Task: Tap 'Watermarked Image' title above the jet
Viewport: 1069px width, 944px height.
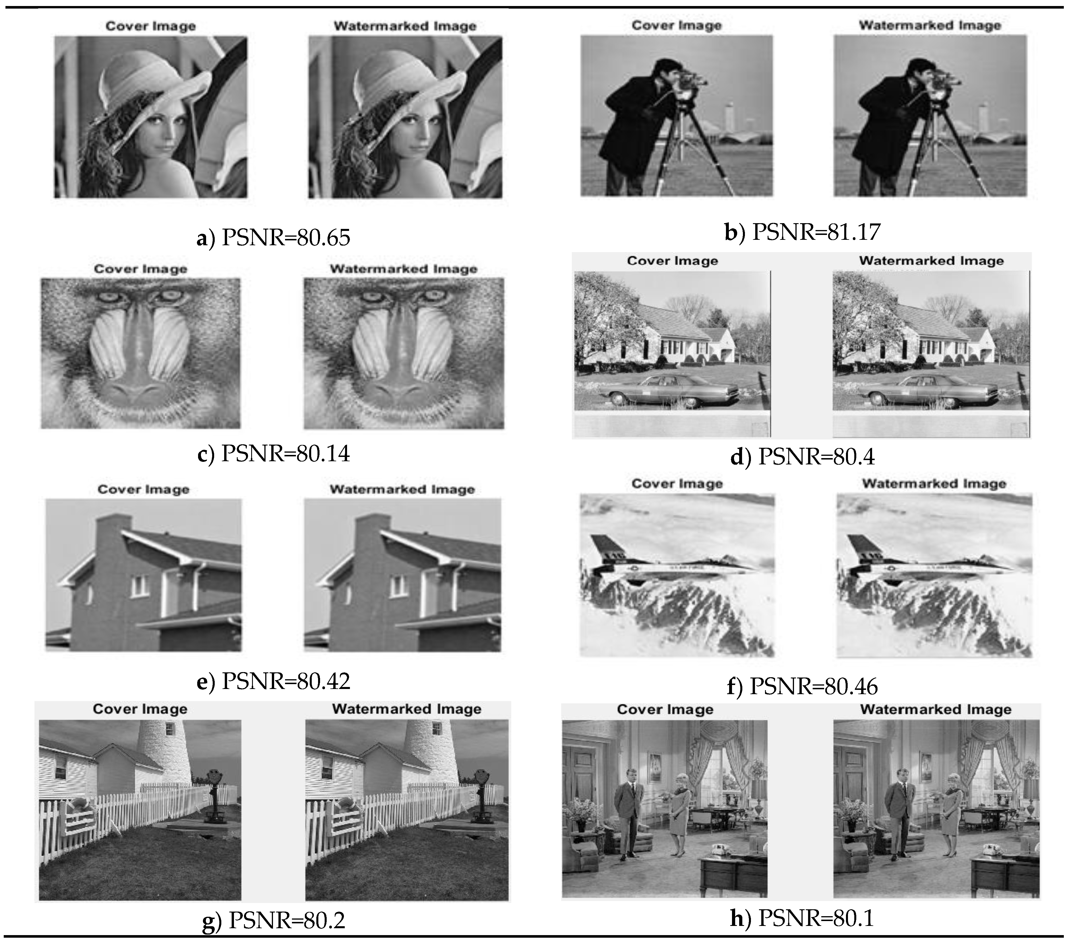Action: [x=934, y=484]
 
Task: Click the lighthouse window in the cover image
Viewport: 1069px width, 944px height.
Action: [x=169, y=728]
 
